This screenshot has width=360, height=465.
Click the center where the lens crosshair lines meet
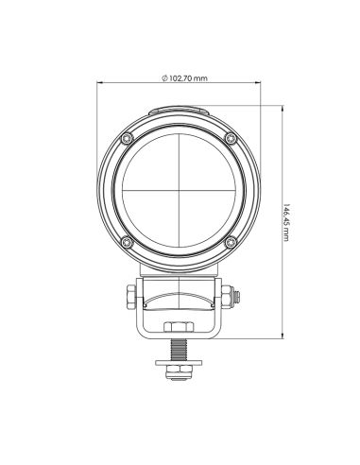tap(178, 192)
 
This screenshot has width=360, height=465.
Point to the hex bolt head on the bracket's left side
tap(128, 297)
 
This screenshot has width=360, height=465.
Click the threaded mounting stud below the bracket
tap(178, 345)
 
